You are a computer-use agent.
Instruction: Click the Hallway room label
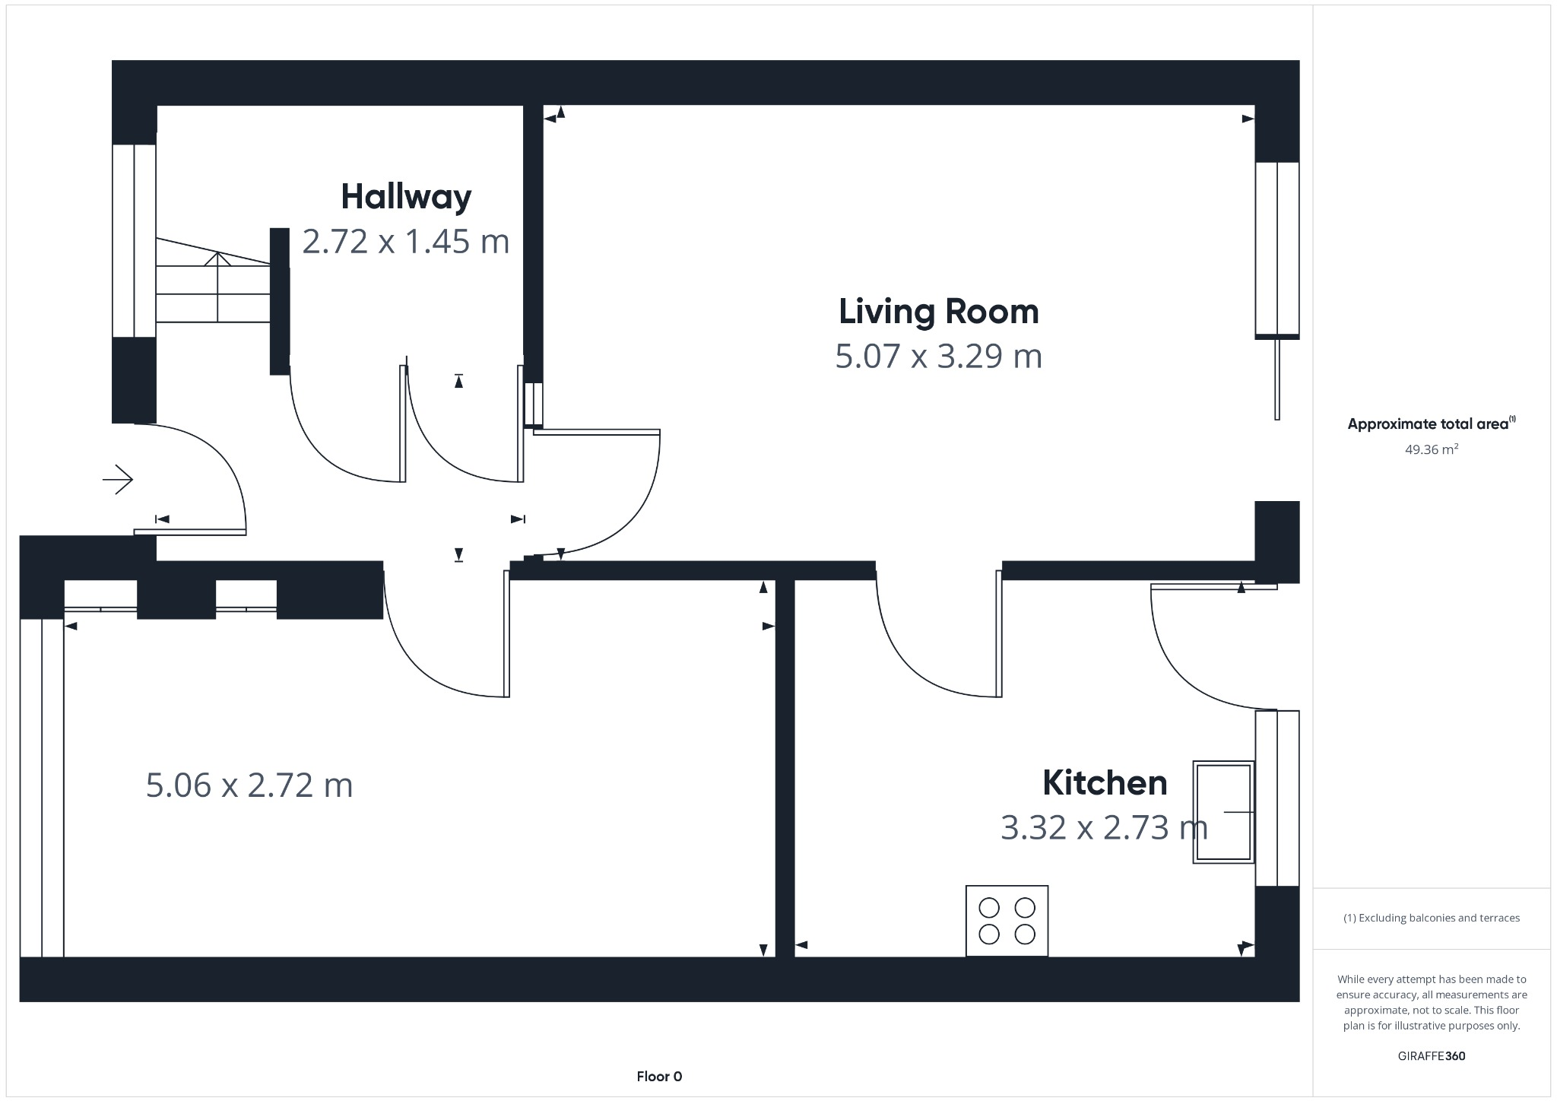tap(406, 197)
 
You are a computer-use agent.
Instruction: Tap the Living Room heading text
tap(938, 312)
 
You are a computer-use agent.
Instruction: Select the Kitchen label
tap(1104, 782)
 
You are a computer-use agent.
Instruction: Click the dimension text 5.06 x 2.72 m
tap(249, 785)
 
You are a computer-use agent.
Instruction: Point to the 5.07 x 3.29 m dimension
tap(938, 357)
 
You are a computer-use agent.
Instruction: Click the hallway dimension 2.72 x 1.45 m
tap(405, 242)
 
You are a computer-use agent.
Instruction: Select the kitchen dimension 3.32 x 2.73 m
tap(1104, 827)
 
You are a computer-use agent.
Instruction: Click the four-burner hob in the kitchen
tap(1007, 921)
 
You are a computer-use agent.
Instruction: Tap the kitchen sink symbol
tap(1223, 812)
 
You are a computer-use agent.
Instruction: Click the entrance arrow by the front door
tap(119, 480)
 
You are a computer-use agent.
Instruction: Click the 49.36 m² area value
tap(1431, 449)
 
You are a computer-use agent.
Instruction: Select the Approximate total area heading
tap(1431, 424)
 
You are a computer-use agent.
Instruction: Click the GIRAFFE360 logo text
tap(1431, 1056)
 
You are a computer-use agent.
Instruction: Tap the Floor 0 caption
tap(659, 1077)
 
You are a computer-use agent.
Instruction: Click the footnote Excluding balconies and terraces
tap(1431, 918)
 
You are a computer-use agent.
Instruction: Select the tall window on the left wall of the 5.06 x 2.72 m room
tap(42, 787)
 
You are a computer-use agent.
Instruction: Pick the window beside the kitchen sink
tap(1277, 798)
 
